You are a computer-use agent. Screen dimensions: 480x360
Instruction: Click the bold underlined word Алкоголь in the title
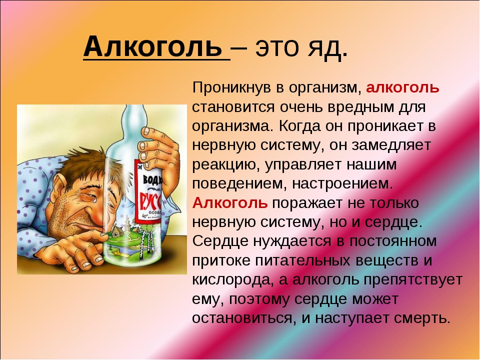click(152, 46)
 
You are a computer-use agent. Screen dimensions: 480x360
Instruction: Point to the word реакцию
click(226, 165)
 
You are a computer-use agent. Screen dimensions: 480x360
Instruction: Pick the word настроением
click(342, 184)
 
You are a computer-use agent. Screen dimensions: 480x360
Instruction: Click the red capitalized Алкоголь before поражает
click(230, 202)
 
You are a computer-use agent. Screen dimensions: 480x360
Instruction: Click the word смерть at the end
click(422, 318)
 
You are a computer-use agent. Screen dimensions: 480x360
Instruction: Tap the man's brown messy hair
click(85, 167)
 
